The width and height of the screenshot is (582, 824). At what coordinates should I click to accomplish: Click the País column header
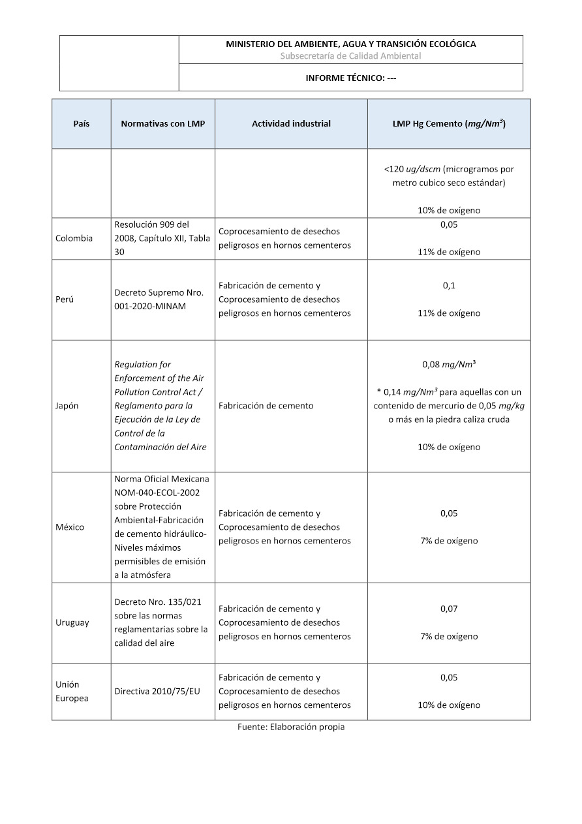click(x=82, y=123)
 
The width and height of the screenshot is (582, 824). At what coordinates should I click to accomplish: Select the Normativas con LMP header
click(x=162, y=123)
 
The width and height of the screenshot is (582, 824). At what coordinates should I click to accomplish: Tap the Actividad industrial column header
click(x=291, y=123)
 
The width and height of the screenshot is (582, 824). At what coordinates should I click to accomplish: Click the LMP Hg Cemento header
click(x=449, y=123)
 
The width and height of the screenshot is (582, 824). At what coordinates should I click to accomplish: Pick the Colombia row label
click(x=74, y=238)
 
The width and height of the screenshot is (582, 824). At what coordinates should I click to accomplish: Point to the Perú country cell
click(x=65, y=299)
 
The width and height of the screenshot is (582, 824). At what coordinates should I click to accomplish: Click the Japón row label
click(x=67, y=405)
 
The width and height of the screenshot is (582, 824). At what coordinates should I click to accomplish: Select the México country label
click(x=70, y=527)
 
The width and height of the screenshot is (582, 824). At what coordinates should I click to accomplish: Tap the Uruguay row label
click(x=72, y=622)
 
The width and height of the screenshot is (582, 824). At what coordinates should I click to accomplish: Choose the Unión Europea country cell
click(x=72, y=691)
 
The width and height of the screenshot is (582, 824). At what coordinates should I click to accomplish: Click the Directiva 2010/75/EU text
click(x=157, y=691)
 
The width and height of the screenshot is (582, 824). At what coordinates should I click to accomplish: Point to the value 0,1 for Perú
click(x=449, y=286)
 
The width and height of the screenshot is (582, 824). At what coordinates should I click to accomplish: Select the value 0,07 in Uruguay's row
click(x=449, y=609)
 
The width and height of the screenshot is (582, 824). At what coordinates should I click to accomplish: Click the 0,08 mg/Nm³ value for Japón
click(x=449, y=364)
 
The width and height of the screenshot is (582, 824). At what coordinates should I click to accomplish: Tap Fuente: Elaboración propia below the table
click(x=290, y=727)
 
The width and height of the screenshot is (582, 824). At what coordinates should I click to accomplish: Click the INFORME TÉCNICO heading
click(x=351, y=78)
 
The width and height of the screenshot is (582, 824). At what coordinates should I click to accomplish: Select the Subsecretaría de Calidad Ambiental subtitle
click(x=350, y=56)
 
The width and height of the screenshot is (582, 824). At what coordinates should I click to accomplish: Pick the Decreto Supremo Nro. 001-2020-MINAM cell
click(x=159, y=299)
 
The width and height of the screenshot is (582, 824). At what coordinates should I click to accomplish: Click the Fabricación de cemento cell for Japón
click(x=266, y=405)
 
